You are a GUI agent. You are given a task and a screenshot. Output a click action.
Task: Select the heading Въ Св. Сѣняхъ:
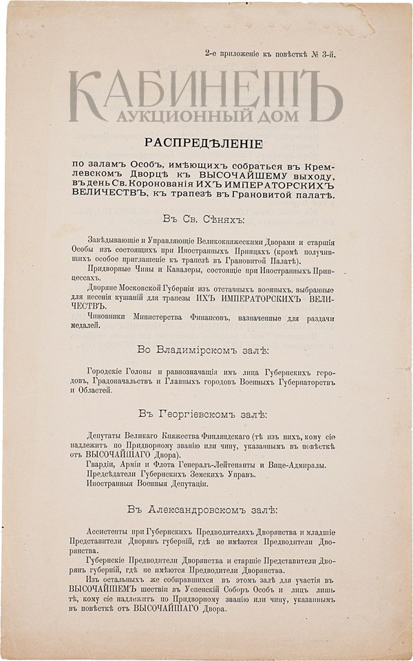pyautogui.click(x=207, y=219)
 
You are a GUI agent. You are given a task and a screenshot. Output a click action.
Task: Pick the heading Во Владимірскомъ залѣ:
pyautogui.click(x=207, y=351)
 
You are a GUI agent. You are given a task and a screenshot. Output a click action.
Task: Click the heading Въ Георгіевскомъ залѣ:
pyautogui.click(x=207, y=414)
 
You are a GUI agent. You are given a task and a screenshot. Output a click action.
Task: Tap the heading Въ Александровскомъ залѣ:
pyautogui.click(x=207, y=509)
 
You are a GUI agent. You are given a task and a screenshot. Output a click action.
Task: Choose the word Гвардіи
pyautogui.click(x=102, y=465)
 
